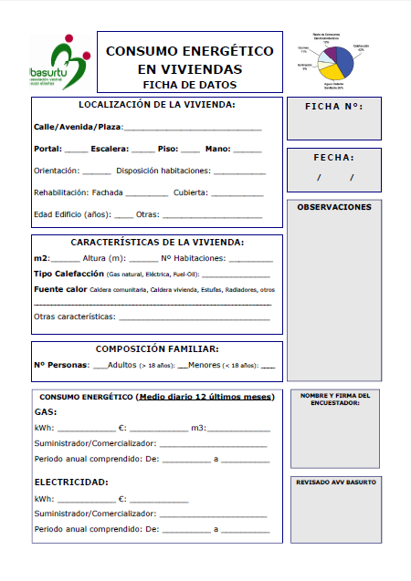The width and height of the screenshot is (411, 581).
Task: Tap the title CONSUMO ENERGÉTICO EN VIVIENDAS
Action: pos(189,60)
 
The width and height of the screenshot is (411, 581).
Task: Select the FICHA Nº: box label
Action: pos(333,107)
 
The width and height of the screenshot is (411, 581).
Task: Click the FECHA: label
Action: pos(333,157)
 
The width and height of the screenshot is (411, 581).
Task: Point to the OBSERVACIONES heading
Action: pos(333,207)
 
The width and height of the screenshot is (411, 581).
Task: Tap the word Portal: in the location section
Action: pos(47,148)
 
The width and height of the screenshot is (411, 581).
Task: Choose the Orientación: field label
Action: pos(56,171)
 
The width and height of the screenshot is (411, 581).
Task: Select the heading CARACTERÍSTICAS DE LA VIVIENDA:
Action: pos(157,243)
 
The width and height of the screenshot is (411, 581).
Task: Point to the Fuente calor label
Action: pos(60,289)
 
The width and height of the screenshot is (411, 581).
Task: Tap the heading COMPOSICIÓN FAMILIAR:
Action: pos(157,348)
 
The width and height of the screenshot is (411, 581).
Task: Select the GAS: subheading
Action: pos(45,412)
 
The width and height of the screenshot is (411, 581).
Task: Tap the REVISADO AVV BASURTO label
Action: pos(333,482)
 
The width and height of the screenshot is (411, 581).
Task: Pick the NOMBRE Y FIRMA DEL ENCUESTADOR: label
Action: pos(333,399)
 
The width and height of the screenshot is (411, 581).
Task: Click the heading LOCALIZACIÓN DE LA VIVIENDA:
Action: pos(157,105)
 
